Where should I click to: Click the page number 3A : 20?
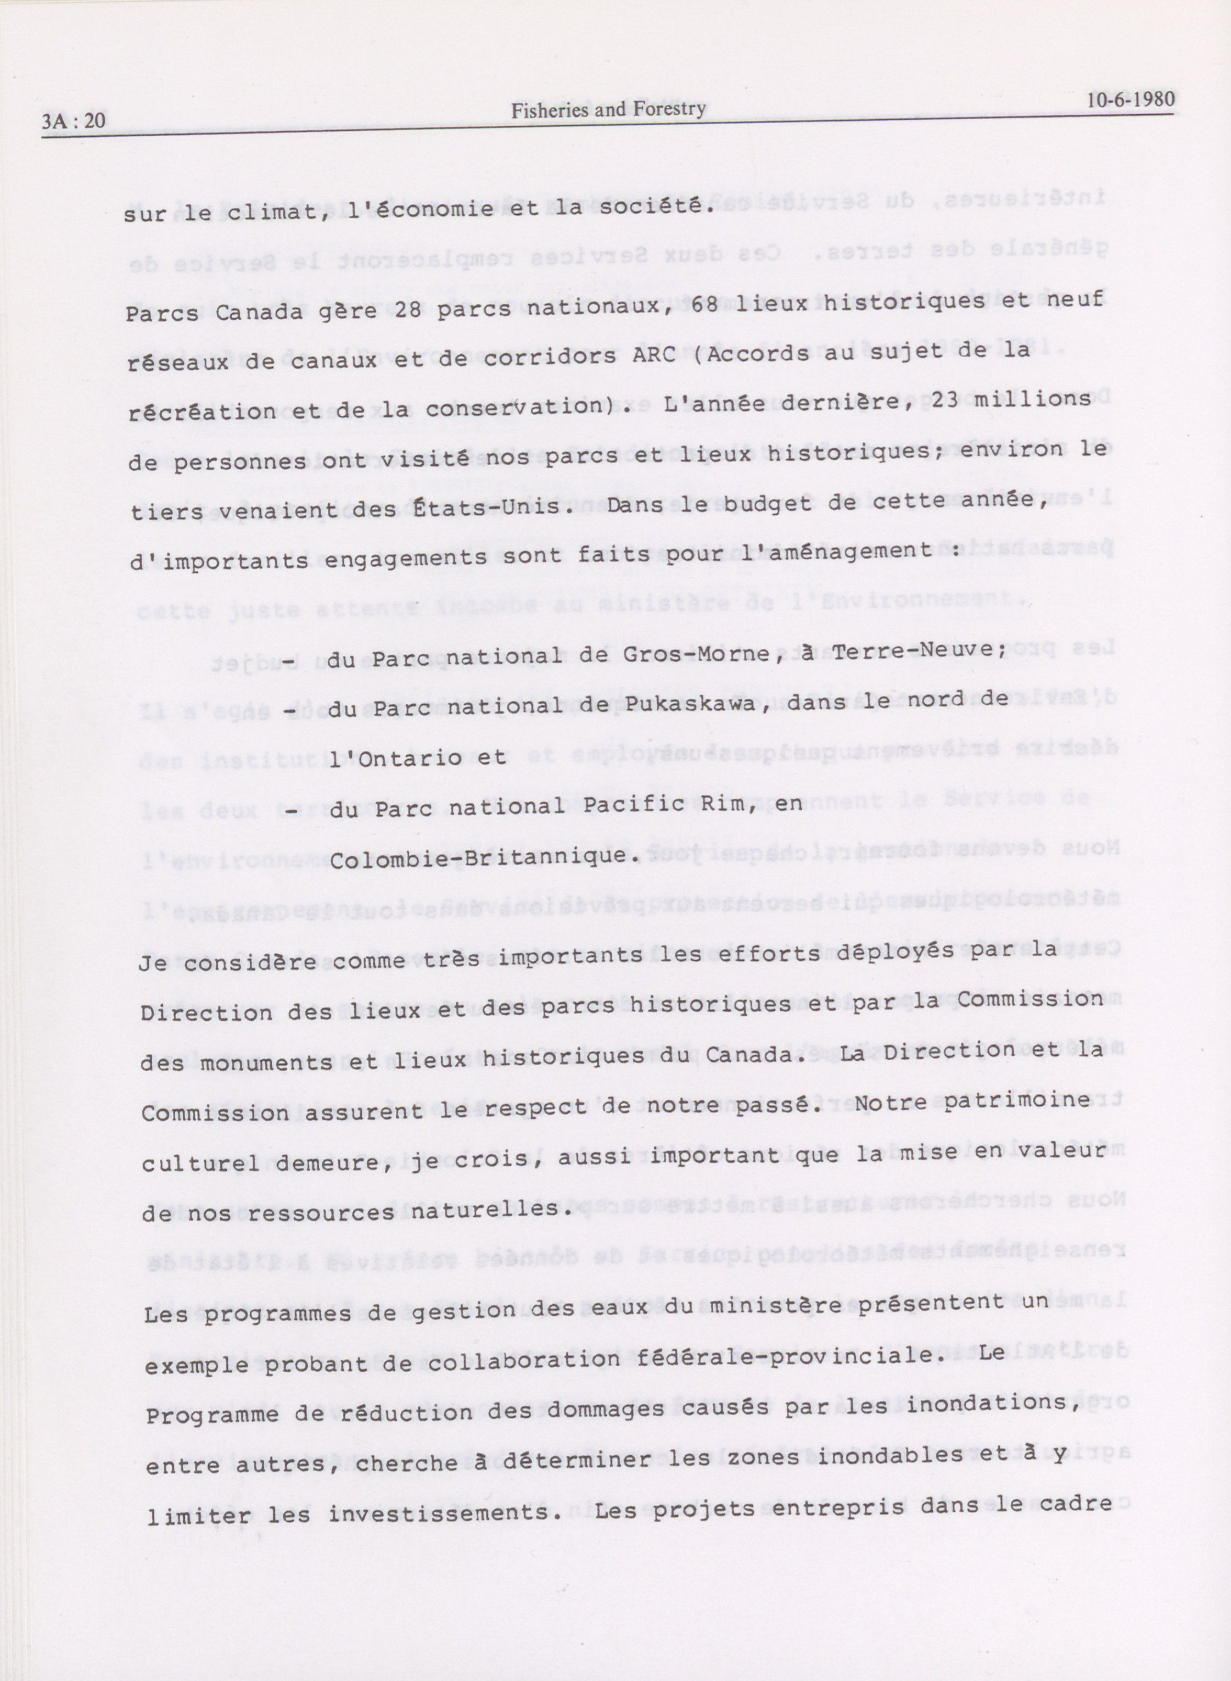74,121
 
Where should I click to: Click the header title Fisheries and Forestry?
607,110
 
